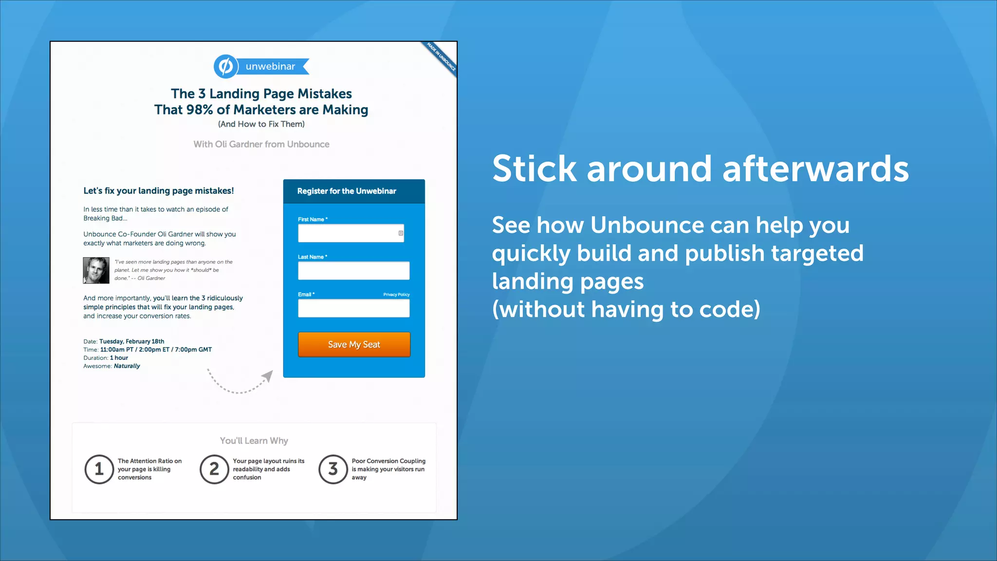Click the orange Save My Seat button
pyautogui.click(x=354, y=344)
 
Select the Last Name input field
pyautogui.click(x=353, y=271)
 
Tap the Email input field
pyautogui.click(x=353, y=308)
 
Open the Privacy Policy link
pyautogui.click(x=396, y=295)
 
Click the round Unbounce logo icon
pyautogui.click(x=225, y=66)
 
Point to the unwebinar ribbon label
pyautogui.click(x=271, y=67)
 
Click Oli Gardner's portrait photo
pyautogui.click(x=96, y=270)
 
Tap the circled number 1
pyautogui.click(x=99, y=469)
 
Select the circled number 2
pyautogui.click(x=214, y=469)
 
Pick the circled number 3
pyautogui.click(x=333, y=469)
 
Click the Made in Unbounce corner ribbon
pyautogui.click(x=441, y=57)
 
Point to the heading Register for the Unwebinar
pyautogui.click(x=347, y=191)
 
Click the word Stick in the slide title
pyautogui.click(x=534, y=169)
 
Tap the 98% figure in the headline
pyautogui.click(x=199, y=110)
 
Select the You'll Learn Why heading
pyautogui.click(x=254, y=441)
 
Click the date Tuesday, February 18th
pyautogui.click(x=131, y=341)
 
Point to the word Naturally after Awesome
pyautogui.click(x=127, y=366)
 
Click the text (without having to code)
pyautogui.click(x=626, y=310)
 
